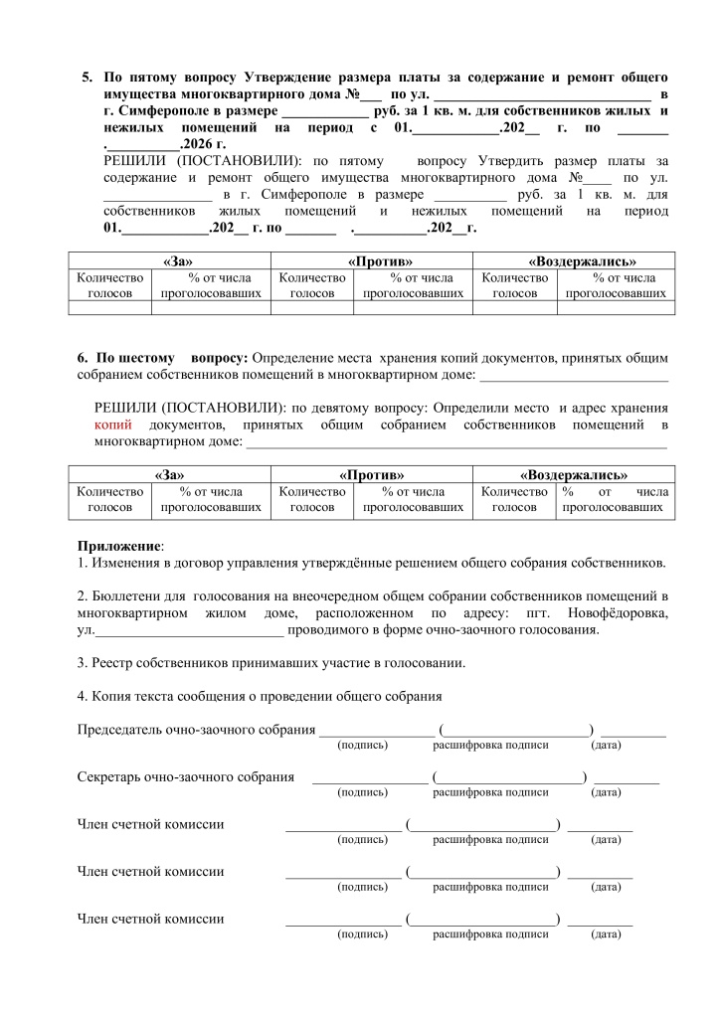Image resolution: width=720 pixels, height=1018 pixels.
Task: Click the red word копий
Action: point(112,425)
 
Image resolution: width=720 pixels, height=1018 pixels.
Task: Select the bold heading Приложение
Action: point(118,546)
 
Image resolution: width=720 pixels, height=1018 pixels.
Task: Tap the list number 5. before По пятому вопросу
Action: point(88,77)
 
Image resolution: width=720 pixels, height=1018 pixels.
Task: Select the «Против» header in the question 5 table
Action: point(373,260)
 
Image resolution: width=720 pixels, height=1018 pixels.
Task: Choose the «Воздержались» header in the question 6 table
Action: point(573,475)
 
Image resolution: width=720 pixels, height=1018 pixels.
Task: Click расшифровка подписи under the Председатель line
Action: point(490,745)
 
